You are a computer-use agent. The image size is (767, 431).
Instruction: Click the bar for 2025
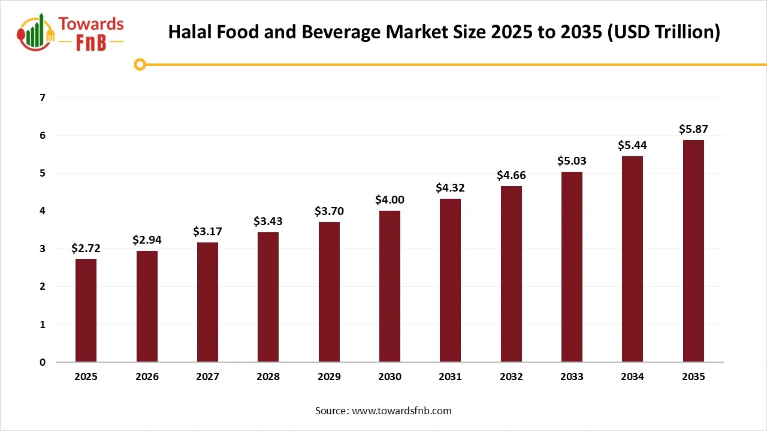tap(86, 310)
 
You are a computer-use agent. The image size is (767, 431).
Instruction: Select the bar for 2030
tap(389, 286)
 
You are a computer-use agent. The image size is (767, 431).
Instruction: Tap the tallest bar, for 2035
tap(693, 251)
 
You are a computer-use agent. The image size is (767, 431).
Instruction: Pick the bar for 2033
tap(572, 266)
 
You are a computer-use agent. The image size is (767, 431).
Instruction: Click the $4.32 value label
tap(450, 188)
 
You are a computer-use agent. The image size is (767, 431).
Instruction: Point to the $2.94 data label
tap(147, 240)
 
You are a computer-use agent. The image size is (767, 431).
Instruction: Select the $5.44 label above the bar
tap(632, 145)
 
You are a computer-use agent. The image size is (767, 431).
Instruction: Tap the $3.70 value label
tap(329, 211)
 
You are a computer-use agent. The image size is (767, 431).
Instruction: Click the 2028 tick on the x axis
tap(268, 377)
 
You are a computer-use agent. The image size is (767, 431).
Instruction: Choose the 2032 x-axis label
tap(511, 377)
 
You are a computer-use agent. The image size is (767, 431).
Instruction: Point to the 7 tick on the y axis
tap(42, 98)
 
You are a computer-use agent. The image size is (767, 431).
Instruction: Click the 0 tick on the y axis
tap(42, 362)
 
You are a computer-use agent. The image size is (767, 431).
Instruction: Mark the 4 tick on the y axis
tap(42, 211)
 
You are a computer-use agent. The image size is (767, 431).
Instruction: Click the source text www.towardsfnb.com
tap(401, 411)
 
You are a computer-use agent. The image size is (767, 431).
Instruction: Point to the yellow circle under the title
tap(140, 64)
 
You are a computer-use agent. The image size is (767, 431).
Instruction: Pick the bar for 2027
tap(207, 302)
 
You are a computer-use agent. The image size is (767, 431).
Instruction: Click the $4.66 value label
tap(511, 175)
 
